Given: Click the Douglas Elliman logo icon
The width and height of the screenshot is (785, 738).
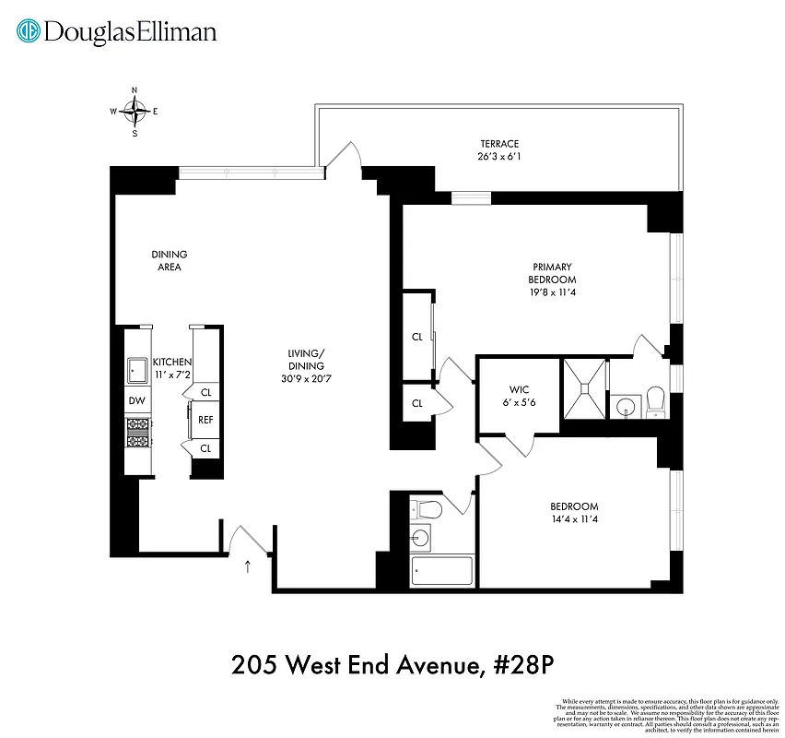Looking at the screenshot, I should pyautogui.click(x=29, y=31).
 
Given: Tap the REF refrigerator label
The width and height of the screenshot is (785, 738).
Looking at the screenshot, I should pyautogui.click(x=205, y=419).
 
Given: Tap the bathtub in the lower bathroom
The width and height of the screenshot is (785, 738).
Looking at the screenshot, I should pyautogui.click(x=442, y=570).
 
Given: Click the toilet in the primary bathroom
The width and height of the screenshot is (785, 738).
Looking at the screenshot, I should pyautogui.click(x=656, y=399).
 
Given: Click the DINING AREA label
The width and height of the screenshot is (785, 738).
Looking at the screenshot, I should pyautogui.click(x=170, y=260).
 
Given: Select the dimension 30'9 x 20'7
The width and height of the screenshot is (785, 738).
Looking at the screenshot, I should pyautogui.click(x=306, y=378).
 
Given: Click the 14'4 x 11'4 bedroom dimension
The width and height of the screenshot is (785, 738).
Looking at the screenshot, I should pyautogui.click(x=574, y=519).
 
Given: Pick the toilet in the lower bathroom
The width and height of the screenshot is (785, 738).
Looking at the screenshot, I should pyautogui.click(x=427, y=508).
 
